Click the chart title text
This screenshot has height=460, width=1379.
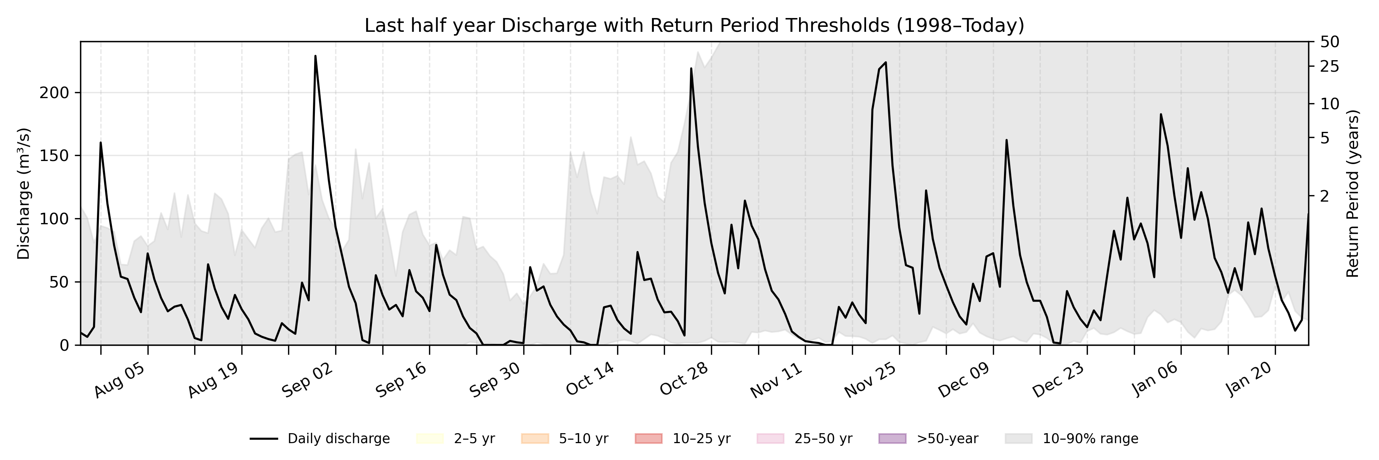tap(694, 26)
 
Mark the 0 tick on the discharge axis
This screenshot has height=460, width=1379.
tap(64, 345)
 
